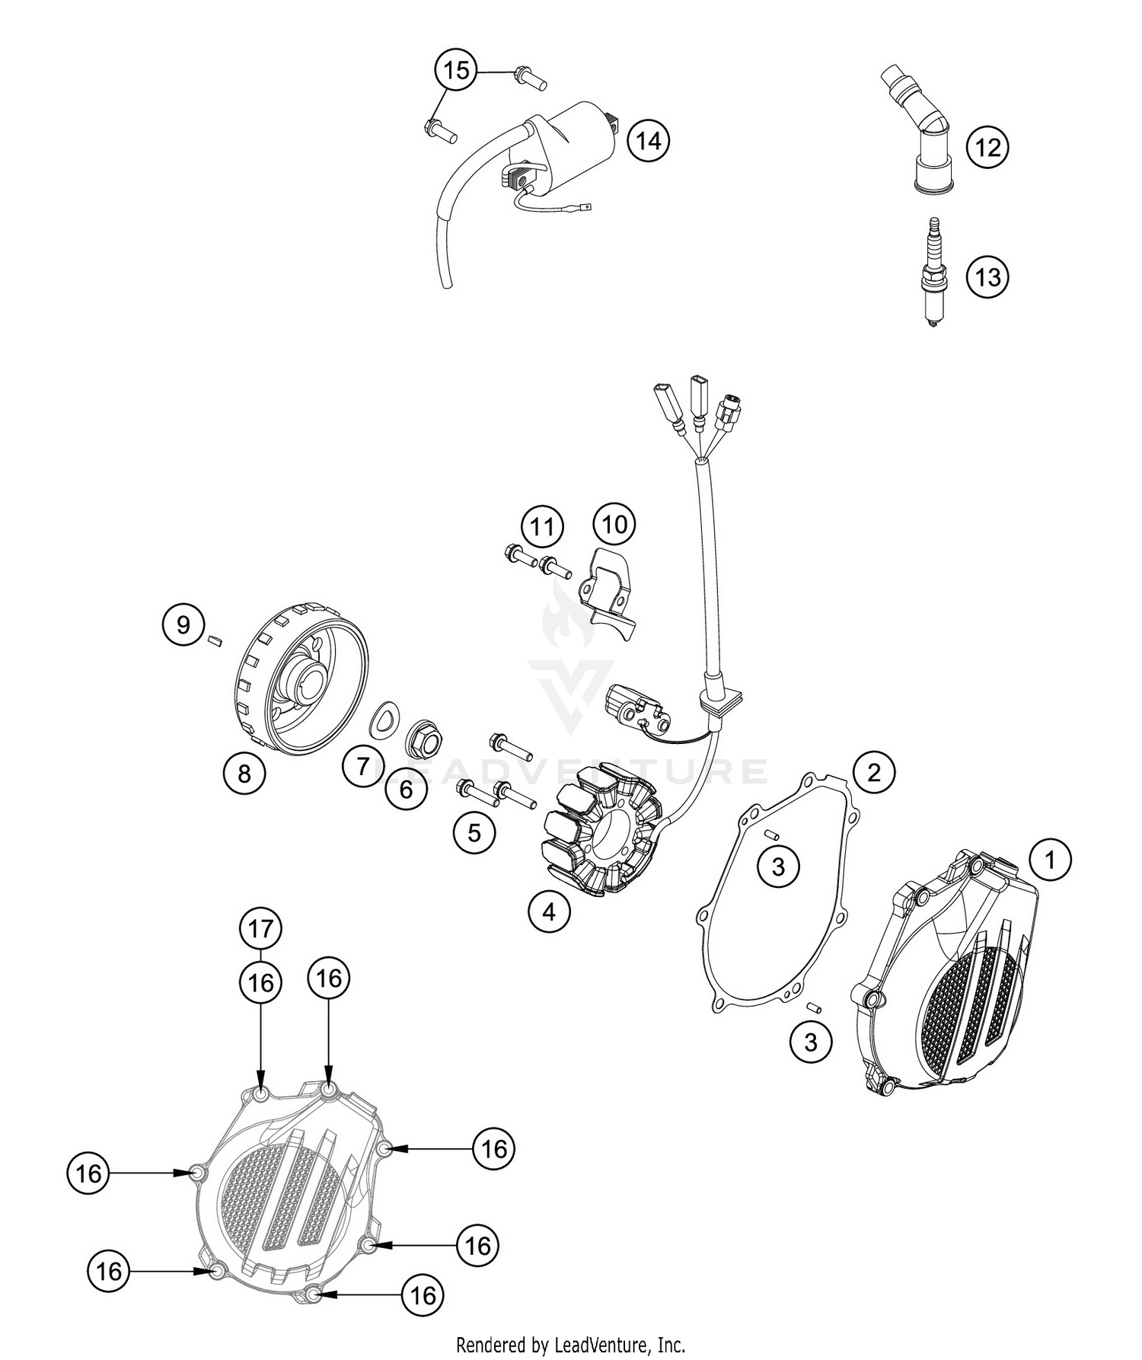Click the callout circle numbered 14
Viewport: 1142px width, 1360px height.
pos(649,141)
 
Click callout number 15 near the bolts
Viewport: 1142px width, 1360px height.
pos(456,71)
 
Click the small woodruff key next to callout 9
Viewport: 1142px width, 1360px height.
pos(215,640)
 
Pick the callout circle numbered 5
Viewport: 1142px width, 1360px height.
pos(474,832)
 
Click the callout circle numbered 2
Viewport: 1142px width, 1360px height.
pos(874,772)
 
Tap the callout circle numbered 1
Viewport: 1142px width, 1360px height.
pos(1051,860)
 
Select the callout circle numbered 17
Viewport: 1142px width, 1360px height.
pos(260,929)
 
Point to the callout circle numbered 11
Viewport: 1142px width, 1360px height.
pos(542,526)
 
